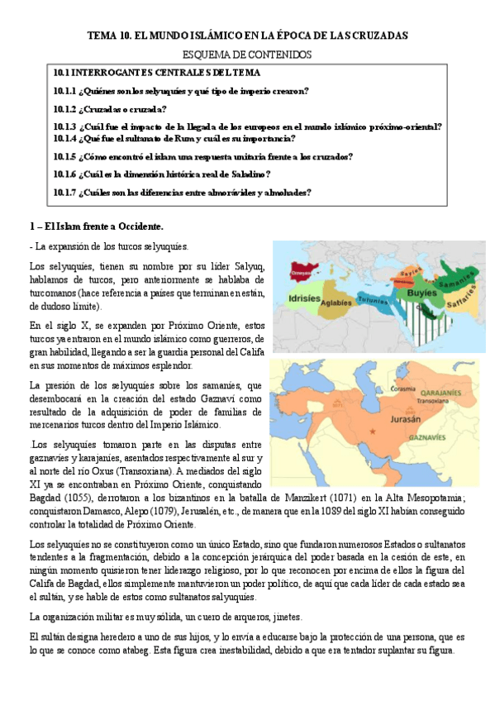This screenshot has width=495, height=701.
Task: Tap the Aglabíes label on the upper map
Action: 337,303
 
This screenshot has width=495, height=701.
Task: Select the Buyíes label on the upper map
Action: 423,291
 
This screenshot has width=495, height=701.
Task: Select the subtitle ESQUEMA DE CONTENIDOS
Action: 247,55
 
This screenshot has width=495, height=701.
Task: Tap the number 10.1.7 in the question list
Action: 64,192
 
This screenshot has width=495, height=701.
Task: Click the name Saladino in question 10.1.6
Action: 245,174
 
